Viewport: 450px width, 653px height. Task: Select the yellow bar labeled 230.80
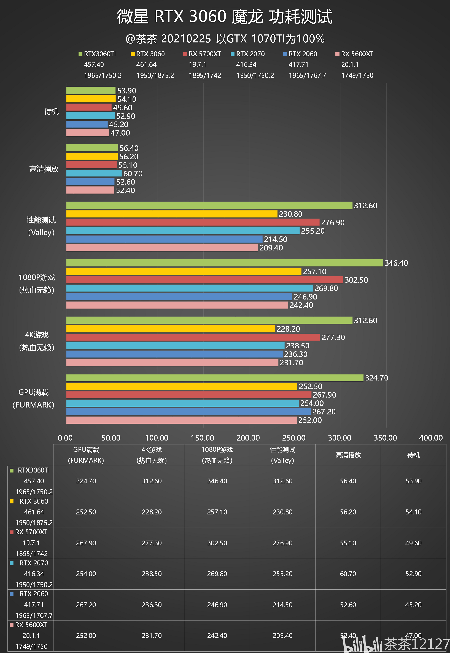(x=171, y=214)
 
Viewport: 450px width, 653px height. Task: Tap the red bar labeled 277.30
(x=193, y=337)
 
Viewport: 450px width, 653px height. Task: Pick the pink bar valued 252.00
(x=181, y=420)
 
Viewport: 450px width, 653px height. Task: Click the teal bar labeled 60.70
(x=94, y=173)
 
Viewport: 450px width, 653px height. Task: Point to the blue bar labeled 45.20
(x=87, y=124)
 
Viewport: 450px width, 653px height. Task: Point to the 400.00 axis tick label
(x=431, y=438)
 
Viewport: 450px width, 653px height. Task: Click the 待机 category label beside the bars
(x=51, y=112)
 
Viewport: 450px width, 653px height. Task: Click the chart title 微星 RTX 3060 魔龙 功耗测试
(x=225, y=16)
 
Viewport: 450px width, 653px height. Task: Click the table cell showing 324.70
(x=86, y=481)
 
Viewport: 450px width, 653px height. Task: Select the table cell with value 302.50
(x=217, y=543)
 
